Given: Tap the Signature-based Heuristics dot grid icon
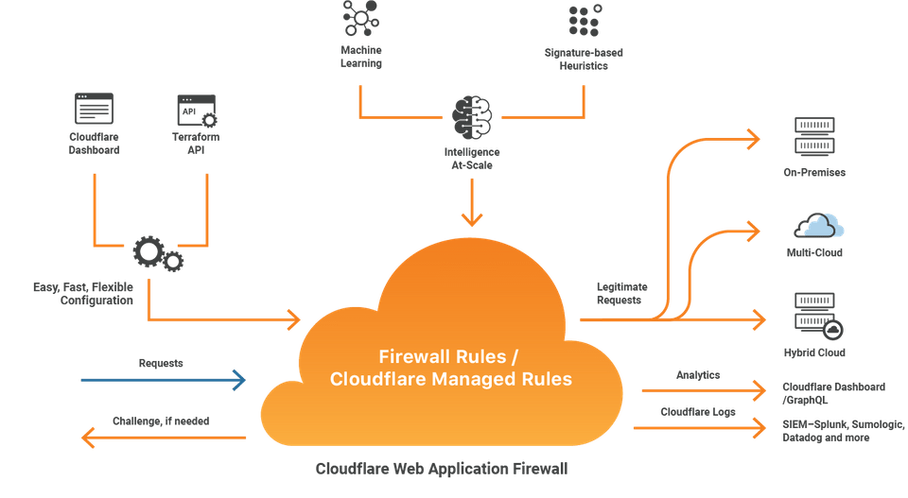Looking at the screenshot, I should click(584, 20).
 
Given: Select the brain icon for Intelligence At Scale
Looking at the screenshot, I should click(472, 118).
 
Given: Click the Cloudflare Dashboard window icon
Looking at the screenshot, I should click(94, 110).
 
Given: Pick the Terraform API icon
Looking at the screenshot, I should click(196, 110).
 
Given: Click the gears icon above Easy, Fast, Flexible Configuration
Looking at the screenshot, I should click(157, 253).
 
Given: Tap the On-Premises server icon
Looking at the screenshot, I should click(813, 136).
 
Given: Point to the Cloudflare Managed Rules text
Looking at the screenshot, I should click(450, 379).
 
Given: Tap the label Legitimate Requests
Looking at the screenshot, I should click(622, 293).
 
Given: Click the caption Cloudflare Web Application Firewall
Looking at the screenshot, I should click(442, 468).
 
